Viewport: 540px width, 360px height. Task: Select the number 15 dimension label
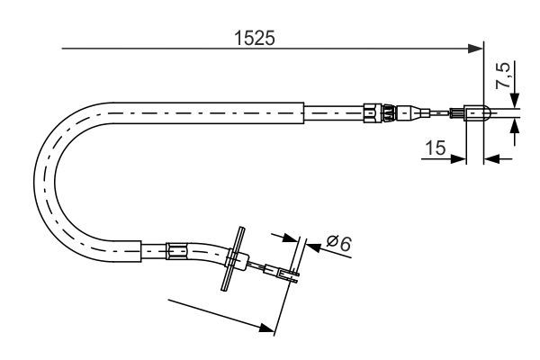coord(436,147)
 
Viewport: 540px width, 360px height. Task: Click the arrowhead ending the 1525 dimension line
coord(477,50)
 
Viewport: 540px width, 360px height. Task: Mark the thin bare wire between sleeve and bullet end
coord(437,113)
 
